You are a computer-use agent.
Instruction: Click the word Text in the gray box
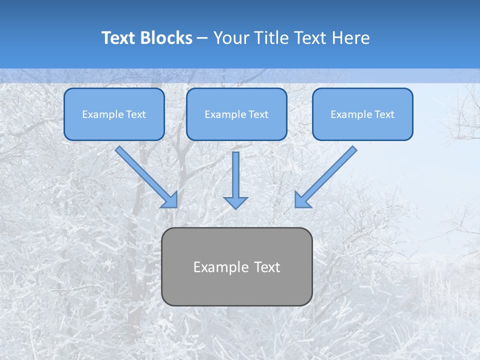tap(267, 267)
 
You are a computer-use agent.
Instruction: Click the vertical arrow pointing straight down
tap(235, 177)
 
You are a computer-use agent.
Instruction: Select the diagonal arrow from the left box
tap(145, 175)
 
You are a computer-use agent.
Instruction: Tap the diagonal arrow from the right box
tap(327, 175)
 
